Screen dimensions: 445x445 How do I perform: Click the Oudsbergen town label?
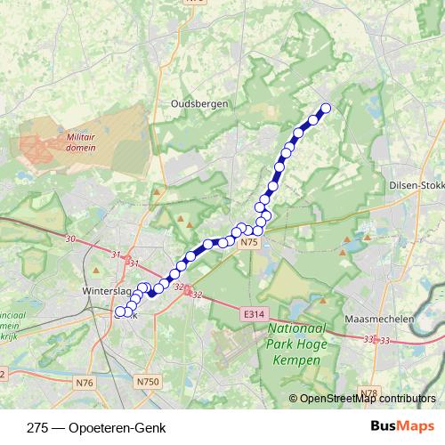click(x=199, y=103)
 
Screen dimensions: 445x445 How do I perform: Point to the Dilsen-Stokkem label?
click(x=417, y=185)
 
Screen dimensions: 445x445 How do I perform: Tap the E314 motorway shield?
click(x=253, y=313)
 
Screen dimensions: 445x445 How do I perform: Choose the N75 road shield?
click(x=248, y=241)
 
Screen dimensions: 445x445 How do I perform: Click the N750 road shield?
click(x=149, y=381)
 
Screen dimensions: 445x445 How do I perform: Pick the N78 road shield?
click(x=368, y=392)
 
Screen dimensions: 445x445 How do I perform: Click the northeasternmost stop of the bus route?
click(x=325, y=109)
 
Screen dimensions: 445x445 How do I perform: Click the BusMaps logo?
click(x=402, y=427)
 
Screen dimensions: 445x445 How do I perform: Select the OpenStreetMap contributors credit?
click(x=367, y=399)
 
